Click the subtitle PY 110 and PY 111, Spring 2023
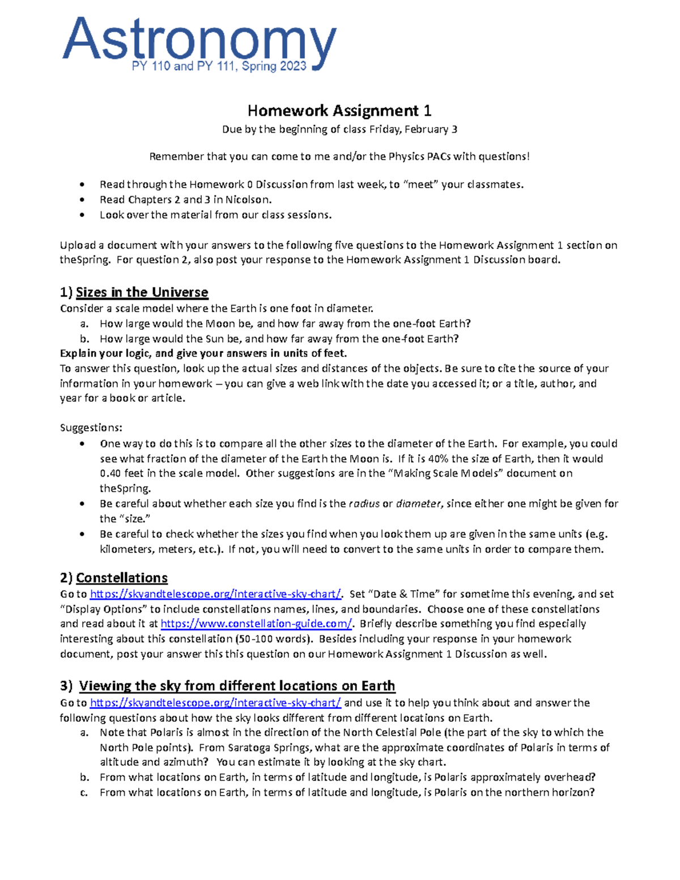[219, 66]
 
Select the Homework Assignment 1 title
[339, 110]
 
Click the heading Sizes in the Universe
[142, 292]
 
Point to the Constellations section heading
[121, 578]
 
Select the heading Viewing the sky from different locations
[236, 686]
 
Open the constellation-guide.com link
[256, 624]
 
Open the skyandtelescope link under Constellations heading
[215, 594]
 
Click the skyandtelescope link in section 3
[215, 703]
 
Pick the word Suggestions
[91, 428]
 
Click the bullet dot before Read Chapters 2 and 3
[83, 200]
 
